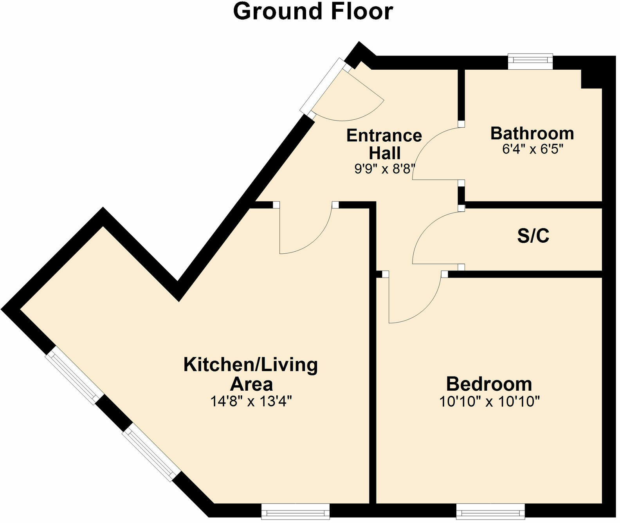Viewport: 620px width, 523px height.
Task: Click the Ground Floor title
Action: click(x=313, y=11)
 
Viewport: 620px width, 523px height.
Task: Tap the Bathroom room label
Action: click(x=532, y=133)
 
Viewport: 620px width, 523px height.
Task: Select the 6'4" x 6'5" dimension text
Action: click(x=532, y=149)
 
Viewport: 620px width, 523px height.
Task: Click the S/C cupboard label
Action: click(x=533, y=236)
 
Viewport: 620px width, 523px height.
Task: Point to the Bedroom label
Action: click(x=489, y=384)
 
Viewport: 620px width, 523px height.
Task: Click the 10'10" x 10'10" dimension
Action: click(x=489, y=402)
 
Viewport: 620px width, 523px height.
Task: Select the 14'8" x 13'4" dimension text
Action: click(x=251, y=402)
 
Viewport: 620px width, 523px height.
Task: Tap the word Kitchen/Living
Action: click(x=251, y=365)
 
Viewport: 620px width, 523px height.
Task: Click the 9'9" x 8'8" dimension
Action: click(x=384, y=170)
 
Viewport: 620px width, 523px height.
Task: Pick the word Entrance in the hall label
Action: click(x=384, y=136)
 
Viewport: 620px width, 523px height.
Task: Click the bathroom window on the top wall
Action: click(x=530, y=61)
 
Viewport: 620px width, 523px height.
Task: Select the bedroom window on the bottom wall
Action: click(x=490, y=512)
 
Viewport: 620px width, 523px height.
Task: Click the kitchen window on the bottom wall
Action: click(x=295, y=512)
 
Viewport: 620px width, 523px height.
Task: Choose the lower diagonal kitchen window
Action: click(x=150, y=454)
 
